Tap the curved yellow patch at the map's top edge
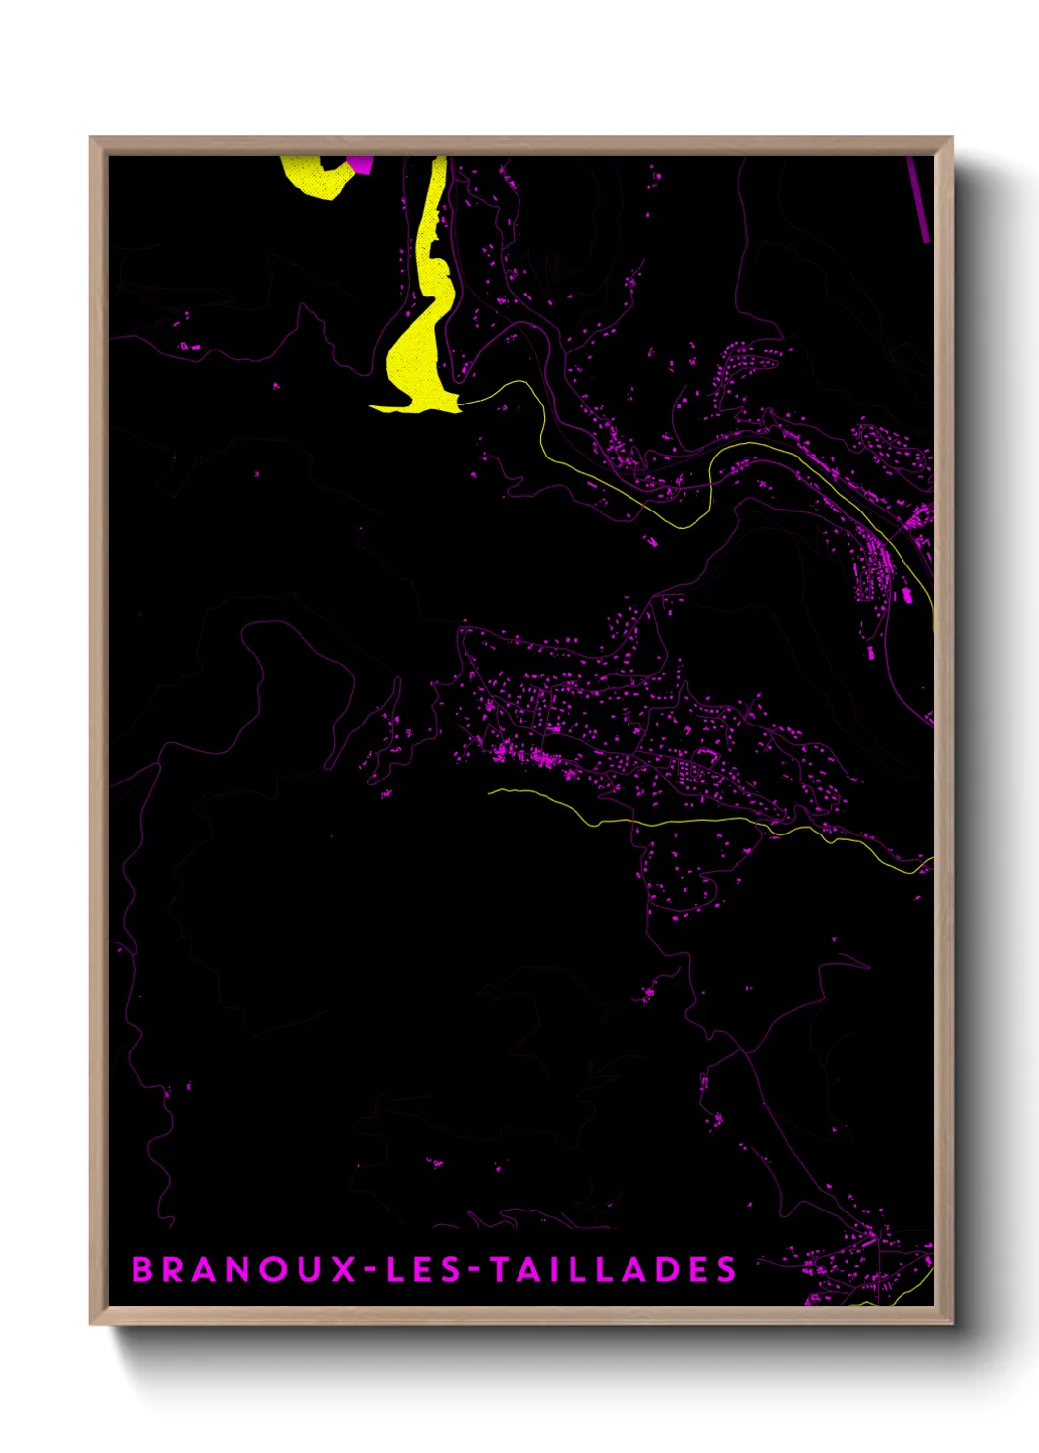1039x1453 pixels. pyautogui.click(x=314, y=182)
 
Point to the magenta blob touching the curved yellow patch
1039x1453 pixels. pyautogui.click(x=361, y=164)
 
